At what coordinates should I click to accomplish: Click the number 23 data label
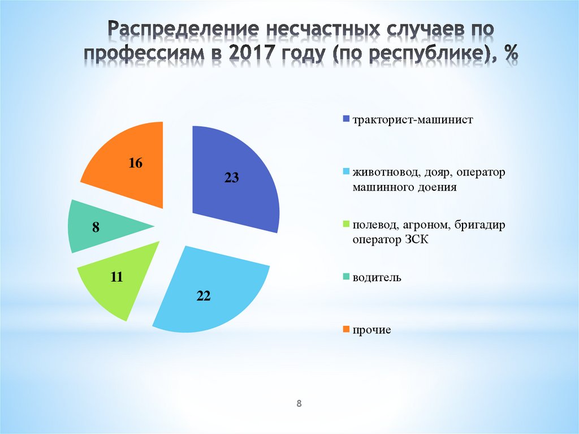click(232, 178)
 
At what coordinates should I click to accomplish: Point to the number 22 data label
click(204, 295)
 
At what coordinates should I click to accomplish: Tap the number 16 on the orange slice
click(135, 164)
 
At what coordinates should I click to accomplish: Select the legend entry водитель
click(377, 277)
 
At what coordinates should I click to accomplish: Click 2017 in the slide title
click(252, 55)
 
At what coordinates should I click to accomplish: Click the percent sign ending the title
click(511, 55)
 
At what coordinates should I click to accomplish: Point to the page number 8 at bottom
click(299, 403)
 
